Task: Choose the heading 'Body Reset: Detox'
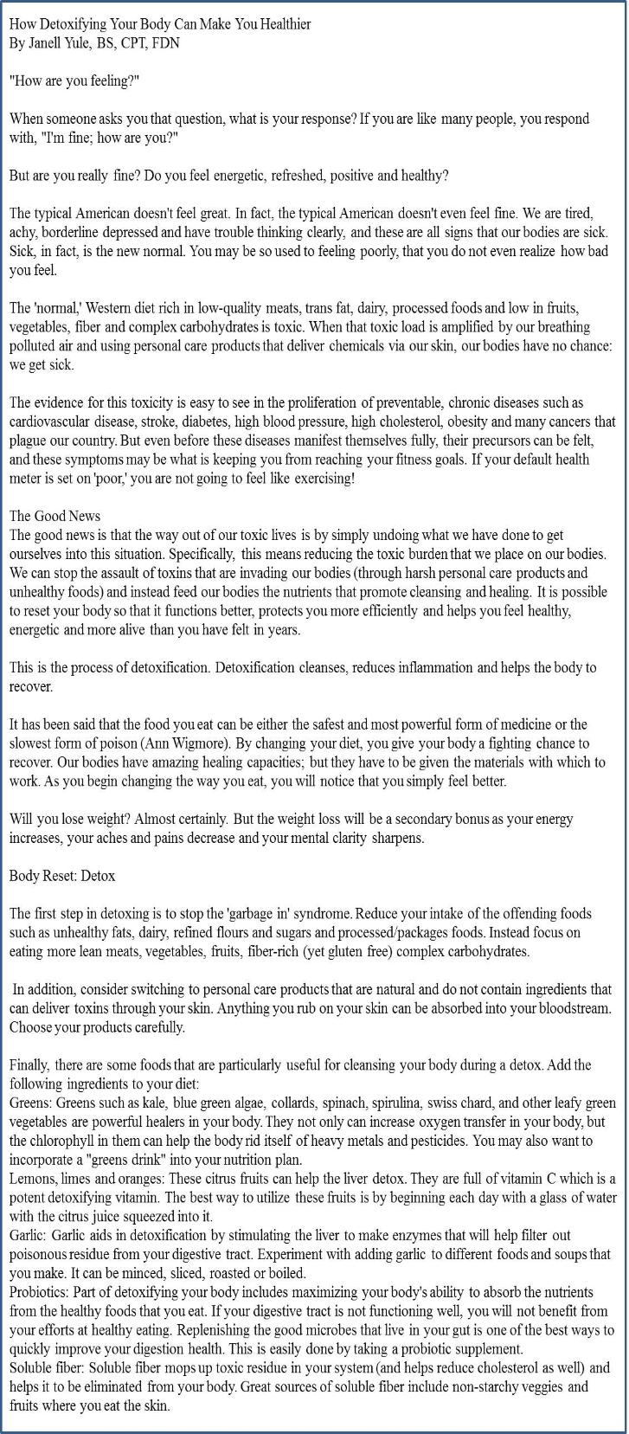click(62, 876)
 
